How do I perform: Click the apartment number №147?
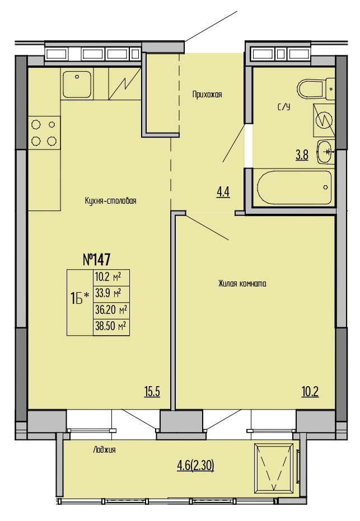tap(96, 259)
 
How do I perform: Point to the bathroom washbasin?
tap(325, 152)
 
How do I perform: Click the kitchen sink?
tap(77, 85)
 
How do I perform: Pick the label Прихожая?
tap(207, 95)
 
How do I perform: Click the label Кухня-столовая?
tap(111, 201)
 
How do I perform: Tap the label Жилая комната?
tap(242, 283)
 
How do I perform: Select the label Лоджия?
tap(104, 450)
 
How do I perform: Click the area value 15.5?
tap(152, 392)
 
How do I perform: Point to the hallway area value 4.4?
tap(223, 192)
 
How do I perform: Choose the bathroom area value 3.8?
tap(302, 155)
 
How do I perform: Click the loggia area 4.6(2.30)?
tap(195, 466)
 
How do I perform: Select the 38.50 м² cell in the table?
tap(111, 326)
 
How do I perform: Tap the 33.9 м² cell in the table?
tap(111, 294)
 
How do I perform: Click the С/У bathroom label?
tap(283, 107)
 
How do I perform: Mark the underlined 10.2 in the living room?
tap(310, 392)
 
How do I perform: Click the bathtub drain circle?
tap(325, 187)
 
